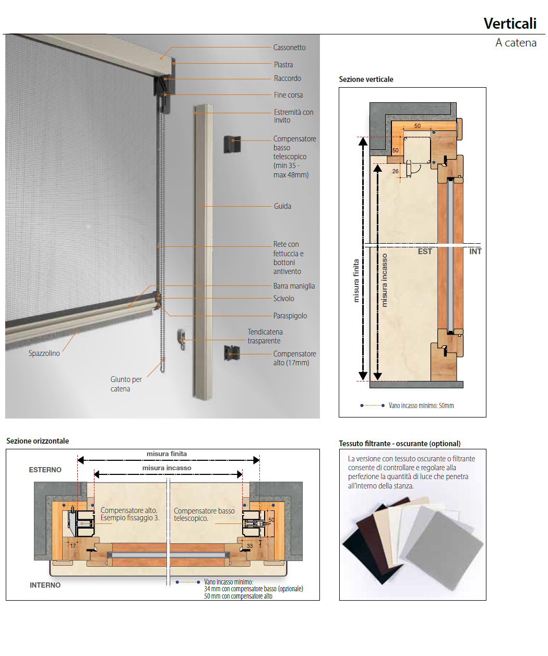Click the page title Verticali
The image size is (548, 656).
pos(510,23)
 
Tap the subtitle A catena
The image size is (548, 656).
pos(516,42)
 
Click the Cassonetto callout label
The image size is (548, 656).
pos(289,47)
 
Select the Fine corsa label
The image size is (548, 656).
pos(288,95)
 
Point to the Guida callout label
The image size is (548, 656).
pos(282,206)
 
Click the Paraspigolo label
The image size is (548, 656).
pos(290,316)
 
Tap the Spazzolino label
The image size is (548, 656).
pos(44,353)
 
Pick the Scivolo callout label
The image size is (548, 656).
pos(283,299)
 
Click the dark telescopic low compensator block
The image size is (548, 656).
pos(232,144)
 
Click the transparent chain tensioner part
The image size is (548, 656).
pos(181,339)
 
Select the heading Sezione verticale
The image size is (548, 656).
pos(366,79)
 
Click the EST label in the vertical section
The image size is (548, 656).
pos(424,252)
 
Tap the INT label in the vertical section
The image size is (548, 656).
pos(475,252)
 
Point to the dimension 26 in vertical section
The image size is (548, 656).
pos(395,171)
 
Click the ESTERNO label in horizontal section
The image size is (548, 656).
pos(45,470)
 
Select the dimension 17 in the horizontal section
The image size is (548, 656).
pos(73,546)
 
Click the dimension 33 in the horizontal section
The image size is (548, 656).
pos(250,546)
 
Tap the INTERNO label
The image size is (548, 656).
pos(45,585)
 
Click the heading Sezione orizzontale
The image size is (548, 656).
pos(38,441)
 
